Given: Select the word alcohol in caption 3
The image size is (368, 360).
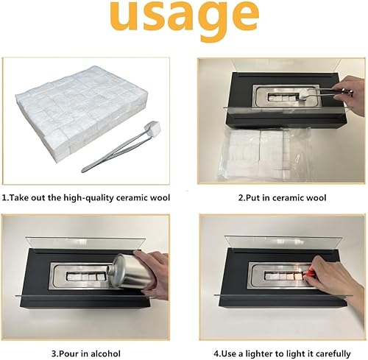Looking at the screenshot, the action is point(105,353).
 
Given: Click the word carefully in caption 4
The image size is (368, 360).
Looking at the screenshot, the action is point(333,354).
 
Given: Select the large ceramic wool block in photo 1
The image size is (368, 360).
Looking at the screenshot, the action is point(82,108).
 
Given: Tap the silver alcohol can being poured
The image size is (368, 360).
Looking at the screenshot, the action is point(132,272).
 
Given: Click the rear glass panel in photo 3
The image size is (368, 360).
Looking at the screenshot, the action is point(85,244).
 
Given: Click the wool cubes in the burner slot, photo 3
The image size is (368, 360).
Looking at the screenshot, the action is point(85,277).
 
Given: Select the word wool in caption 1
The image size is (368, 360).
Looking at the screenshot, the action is point(160,198).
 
